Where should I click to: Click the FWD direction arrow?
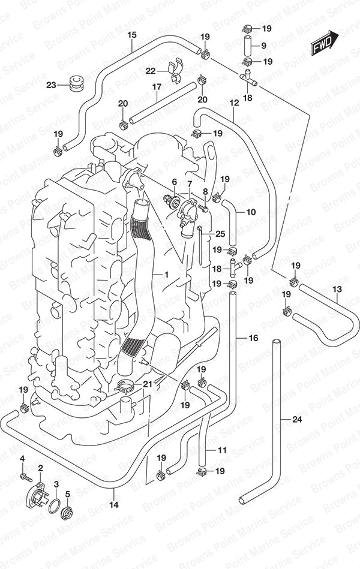[x=325, y=43]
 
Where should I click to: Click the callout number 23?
[x=51, y=85]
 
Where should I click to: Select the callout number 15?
[x=132, y=35]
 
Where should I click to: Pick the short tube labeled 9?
[x=248, y=45]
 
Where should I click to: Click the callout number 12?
[x=235, y=103]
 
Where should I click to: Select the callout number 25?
[x=221, y=234]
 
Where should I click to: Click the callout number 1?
[x=166, y=275]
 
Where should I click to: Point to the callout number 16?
[x=253, y=338]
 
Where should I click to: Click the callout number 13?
[x=337, y=289]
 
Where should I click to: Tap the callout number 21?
[x=148, y=384]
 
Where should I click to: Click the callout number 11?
[x=222, y=450]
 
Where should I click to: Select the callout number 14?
[x=114, y=504]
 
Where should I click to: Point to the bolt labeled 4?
[x=26, y=477]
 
